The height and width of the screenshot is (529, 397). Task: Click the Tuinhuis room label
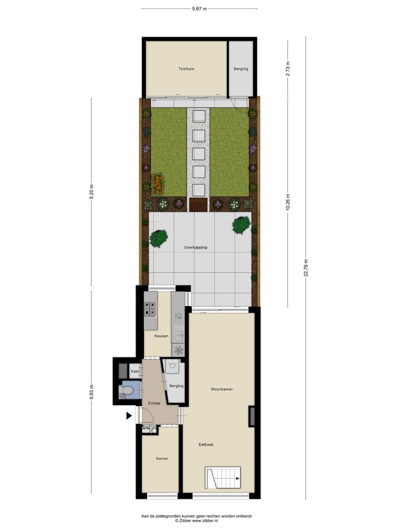(186, 69)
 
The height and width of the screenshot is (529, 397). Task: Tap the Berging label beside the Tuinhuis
(240, 69)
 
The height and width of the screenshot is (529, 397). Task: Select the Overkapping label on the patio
(196, 247)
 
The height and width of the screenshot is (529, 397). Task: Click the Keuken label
(153, 336)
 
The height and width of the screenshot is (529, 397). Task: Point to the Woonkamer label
(222, 389)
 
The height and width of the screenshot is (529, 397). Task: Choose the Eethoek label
(206, 444)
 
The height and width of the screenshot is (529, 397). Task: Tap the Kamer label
(162, 458)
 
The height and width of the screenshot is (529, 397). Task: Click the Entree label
(154, 403)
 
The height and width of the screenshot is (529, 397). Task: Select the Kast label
(135, 371)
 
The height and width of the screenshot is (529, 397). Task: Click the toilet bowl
(127, 392)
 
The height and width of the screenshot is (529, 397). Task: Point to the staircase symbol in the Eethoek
(223, 477)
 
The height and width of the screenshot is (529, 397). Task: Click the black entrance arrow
(129, 415)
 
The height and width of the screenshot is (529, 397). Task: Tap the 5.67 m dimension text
(200, 8)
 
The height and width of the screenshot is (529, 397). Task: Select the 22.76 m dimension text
(305, 268)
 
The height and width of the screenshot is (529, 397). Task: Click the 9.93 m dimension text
(92, 392)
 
